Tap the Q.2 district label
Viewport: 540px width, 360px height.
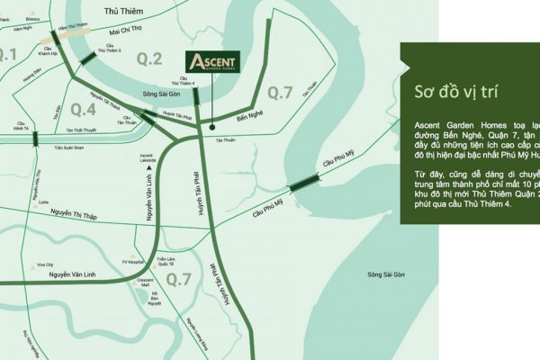[x=148, y=60]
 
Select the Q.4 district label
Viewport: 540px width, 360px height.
[x=84, y=110]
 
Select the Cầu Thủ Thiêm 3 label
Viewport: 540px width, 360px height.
[x=108, y=49]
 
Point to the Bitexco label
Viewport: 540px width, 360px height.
[x=32, y=16]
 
